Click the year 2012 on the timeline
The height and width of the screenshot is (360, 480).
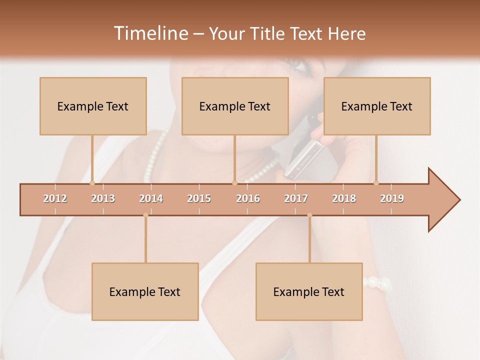pos(55,199)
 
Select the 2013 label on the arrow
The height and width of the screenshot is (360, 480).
pos(103,199)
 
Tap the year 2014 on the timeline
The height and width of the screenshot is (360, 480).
pos(151,199)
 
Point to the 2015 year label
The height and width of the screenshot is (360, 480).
pos(199,199)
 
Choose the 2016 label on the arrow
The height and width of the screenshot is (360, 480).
pos(248,199)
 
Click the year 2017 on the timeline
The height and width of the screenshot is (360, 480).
pos(296,199)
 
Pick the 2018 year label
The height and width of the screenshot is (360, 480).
pos(344,199)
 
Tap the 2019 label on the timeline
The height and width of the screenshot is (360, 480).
pos(392,199)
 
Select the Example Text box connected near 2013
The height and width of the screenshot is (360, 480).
pos(93,106)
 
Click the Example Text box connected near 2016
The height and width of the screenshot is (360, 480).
pos(235,106)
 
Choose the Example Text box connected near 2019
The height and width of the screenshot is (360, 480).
pos(377,106)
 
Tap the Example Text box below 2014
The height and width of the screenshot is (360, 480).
pos(145,292)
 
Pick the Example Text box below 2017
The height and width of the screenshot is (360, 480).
pos(309,292)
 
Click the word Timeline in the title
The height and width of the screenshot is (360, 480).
pos(150,33)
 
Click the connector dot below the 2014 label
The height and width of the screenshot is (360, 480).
pos(145,215)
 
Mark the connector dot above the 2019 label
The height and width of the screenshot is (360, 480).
pos(376,183)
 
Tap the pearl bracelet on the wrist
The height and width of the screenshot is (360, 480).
pos(377,283)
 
